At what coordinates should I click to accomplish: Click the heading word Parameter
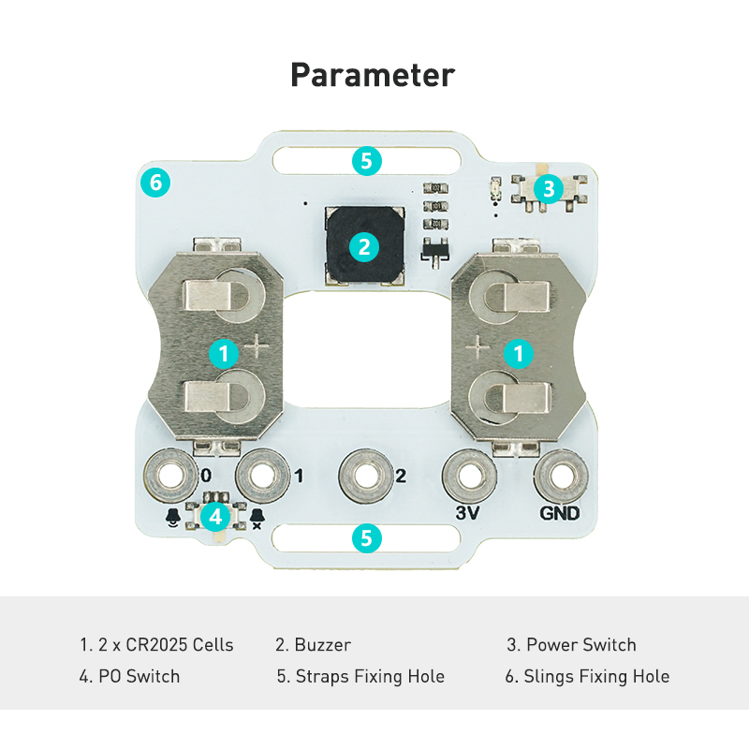tap(373, 74)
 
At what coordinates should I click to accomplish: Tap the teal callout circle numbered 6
tap(155, 182)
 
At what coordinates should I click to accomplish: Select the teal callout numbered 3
tap(549, 188)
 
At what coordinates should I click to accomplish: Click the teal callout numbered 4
tap(216, 516)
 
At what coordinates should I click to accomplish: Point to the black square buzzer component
tap(364, 245)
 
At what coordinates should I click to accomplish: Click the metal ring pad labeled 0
tap(170, 476)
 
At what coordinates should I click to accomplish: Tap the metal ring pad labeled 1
tap(262, 476)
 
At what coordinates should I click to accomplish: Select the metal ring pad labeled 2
tap(364, 476)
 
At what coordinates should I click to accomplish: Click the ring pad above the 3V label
tap(467, 476)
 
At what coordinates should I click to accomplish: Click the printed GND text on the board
tap(560, 513)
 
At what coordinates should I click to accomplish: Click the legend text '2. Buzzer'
tap(313, 645)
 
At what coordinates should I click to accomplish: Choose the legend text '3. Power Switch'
tap(571, 645)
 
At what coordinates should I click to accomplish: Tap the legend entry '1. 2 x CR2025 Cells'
tap(156, 645)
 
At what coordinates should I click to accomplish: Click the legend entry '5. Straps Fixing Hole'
tap(360, 676)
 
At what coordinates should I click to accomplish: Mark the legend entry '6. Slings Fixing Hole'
tap(587, 676)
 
